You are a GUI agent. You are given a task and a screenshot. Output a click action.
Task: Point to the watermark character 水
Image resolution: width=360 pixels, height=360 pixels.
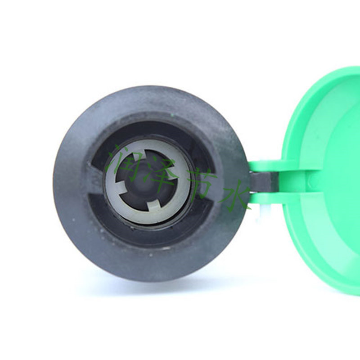tap(234, 195)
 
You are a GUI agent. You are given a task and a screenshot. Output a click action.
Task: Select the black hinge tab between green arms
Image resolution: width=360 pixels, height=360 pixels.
tap(264, 182)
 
